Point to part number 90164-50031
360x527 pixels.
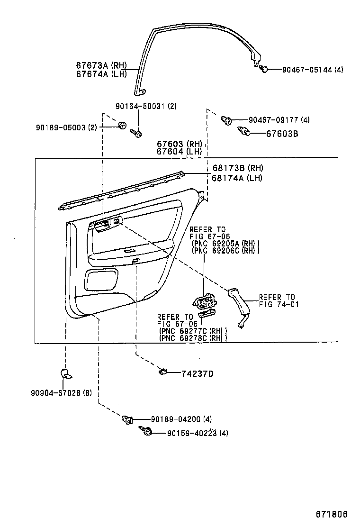142,106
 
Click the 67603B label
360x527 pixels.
281,134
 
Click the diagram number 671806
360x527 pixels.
332,514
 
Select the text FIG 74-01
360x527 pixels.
279,304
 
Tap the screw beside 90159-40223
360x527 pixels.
146,431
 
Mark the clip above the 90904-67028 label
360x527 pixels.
66,373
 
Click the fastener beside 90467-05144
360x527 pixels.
264,69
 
